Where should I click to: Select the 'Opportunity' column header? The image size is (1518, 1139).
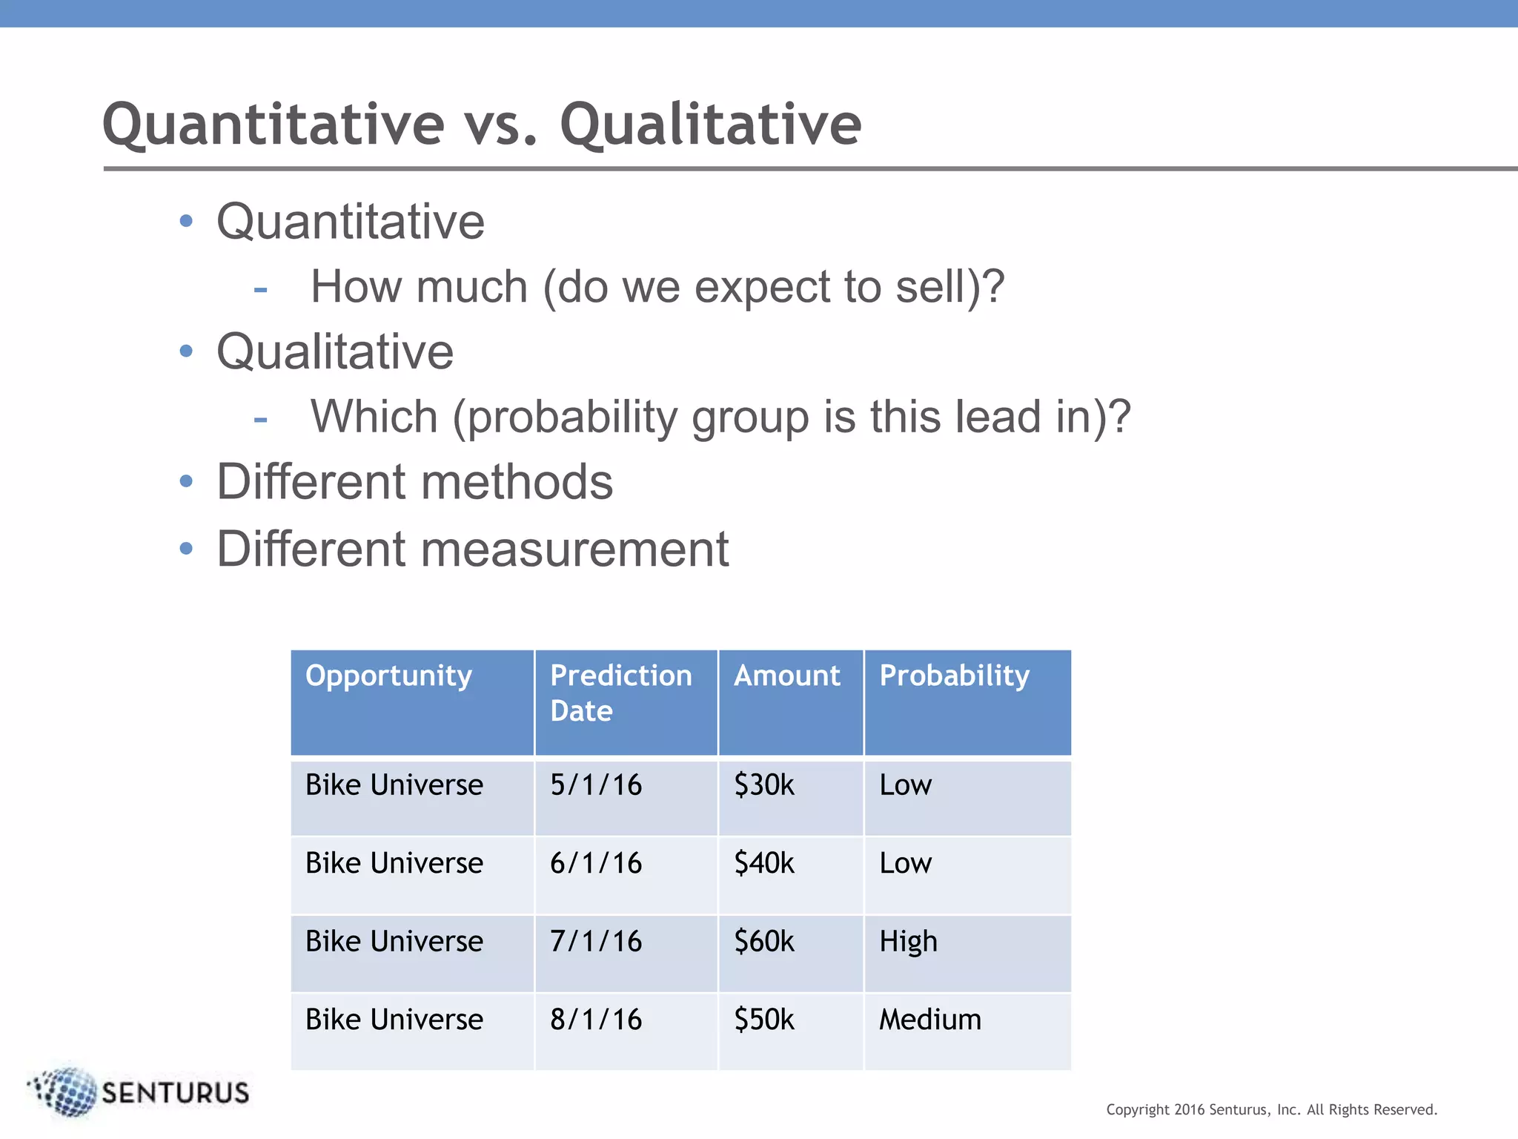[x=388, y=676]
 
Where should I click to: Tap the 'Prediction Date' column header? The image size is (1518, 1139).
[x=620, y=693]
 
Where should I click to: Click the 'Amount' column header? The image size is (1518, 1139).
[x=786, y=676]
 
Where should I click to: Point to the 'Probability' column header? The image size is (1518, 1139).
[x=954, y=676]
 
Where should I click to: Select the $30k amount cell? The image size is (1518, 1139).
[x=763, y=785]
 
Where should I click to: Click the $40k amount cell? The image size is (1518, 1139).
[x=763, y=863]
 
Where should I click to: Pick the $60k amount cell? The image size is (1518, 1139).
[x=763, y=941]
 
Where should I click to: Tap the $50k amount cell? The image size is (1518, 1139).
[x=763, y=1020]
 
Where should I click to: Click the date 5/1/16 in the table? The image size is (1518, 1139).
[x=596, y=785]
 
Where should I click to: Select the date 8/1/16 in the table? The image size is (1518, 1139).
[x=596, y=1020]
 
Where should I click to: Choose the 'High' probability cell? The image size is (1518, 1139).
[x=908, y=942]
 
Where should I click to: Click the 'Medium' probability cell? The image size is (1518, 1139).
[x=929, y=1020]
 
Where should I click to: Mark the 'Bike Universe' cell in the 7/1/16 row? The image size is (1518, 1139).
[x=394, y=941]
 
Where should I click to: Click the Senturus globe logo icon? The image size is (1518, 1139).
[x=65, y=1092]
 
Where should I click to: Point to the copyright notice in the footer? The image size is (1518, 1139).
[x=1271, y=1109]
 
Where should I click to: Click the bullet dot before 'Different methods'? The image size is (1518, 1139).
[x=186, y=481]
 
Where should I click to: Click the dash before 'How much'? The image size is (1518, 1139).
[x=260, y=289]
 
